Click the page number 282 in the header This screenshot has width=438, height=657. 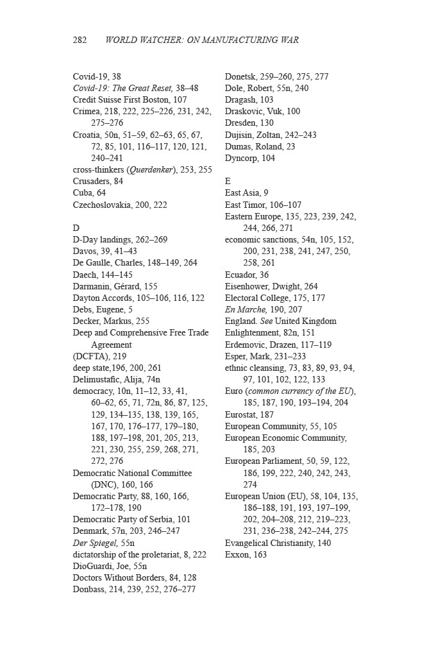click(x=80, y=40)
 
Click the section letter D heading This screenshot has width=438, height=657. click(x=76, y=228)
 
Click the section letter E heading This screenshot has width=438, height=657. click(x=228, y=182)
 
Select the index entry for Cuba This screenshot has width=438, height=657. click(x=89, y=193)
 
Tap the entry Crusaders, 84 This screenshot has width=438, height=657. click(x=97, y=182)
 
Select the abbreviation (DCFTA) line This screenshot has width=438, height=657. click(x=99, y=356)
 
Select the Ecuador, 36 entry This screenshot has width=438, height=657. click(x=246, y=275)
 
